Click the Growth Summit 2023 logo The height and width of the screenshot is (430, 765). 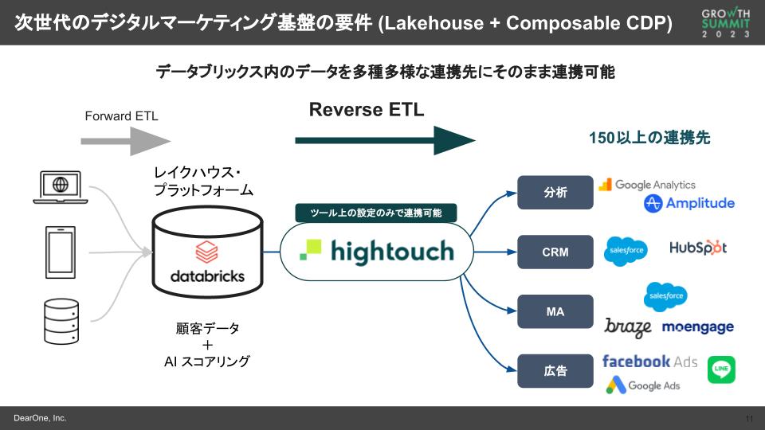pyautogui.click(x=725, y=23)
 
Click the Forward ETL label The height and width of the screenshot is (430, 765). pyautogui.click(x=121, y=116)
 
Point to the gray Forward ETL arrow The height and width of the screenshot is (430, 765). pyautogui.click(x=125, y=141)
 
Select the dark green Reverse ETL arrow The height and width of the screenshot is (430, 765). pyautogui.click(x=384, y=141)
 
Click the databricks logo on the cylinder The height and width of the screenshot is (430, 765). pyautogui.click(x=207, y=264)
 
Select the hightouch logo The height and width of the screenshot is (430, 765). pyautogui.click(x=376, y=252)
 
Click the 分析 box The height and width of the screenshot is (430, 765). pyautogui.click(x=555, y=192)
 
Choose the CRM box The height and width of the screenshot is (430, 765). pyautogui.click(x=555, y=252)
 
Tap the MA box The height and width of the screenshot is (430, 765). pyautogui.click(x=555, y=311)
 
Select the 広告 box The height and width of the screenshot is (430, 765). pyautogui.click(x=555, y=371)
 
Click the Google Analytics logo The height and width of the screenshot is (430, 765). pyautogui.click(x=647, y=185)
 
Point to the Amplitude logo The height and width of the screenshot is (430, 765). pyautogui.click(x=689, y=204)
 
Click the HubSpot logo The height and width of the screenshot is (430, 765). pyautogui.click(x=698, y=248)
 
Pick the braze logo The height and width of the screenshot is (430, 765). pyautogui.click(x=628, y=327)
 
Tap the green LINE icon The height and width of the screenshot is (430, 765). pyautogui.click(x=721, y=369)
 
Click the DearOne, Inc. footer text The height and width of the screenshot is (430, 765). pyautogui.click(x=40, y=418)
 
